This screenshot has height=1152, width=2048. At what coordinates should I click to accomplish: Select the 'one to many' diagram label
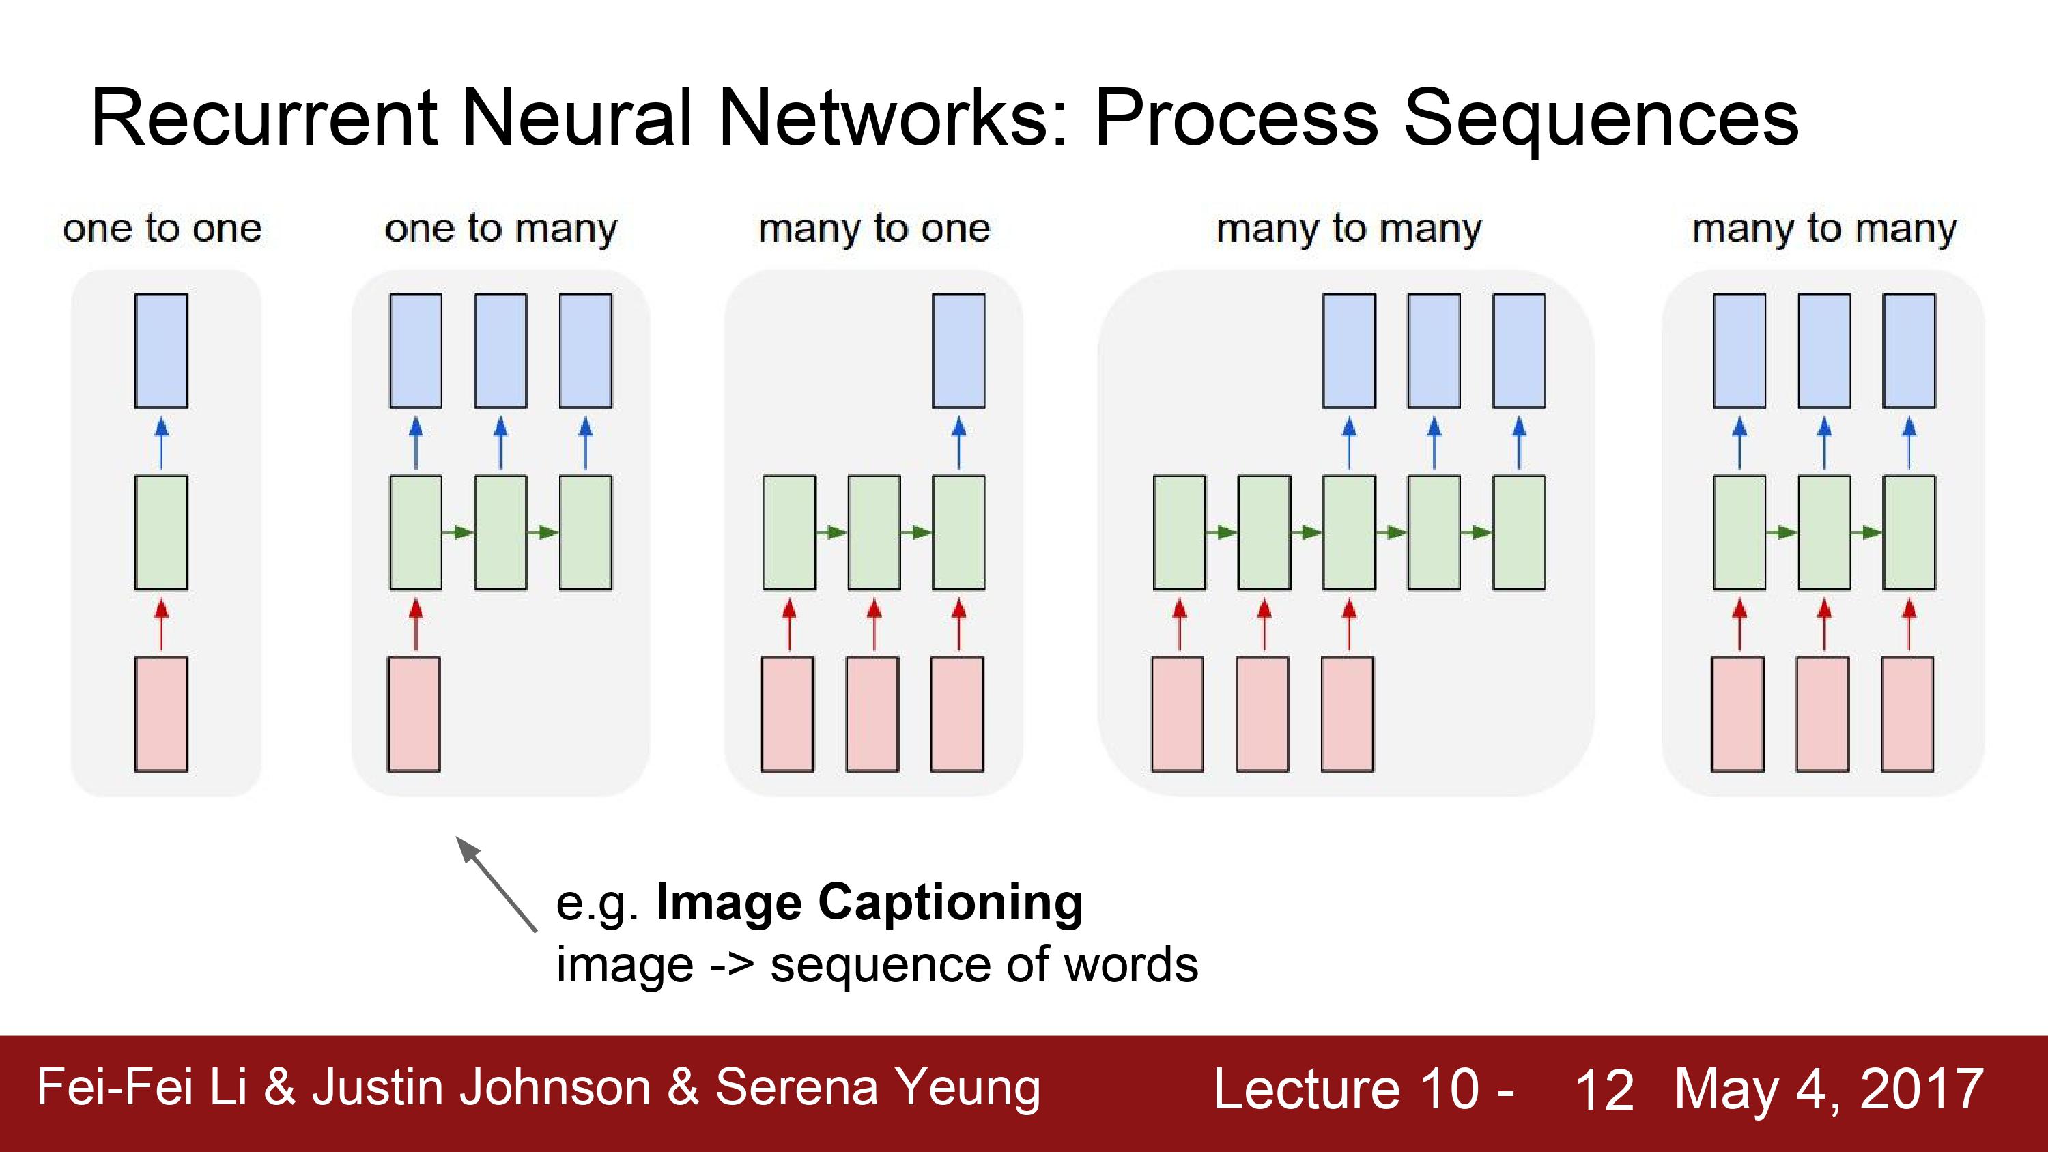501,230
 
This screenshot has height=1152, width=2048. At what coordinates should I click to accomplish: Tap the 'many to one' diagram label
874,230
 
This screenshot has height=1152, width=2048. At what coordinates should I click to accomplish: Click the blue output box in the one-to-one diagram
161,351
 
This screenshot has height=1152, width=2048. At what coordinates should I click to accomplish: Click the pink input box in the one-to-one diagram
161,714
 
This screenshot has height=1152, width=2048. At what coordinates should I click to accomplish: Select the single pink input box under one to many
414,714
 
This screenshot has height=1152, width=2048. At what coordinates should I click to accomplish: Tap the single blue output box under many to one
959,351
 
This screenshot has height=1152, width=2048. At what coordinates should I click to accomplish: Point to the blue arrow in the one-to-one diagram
161,443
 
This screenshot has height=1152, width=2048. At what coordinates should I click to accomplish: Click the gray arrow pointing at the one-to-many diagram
496,883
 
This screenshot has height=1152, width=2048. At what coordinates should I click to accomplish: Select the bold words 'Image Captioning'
869,902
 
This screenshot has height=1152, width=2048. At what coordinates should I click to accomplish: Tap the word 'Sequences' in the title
1600,119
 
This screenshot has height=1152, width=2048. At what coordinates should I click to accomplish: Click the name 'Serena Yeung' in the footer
878,1088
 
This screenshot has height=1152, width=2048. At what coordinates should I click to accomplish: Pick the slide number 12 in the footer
1604,1089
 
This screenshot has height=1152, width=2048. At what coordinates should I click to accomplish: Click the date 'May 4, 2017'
1830,1089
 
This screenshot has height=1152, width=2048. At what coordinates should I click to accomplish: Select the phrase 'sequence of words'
984,965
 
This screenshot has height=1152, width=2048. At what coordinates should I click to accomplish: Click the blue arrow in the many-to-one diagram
959,443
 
